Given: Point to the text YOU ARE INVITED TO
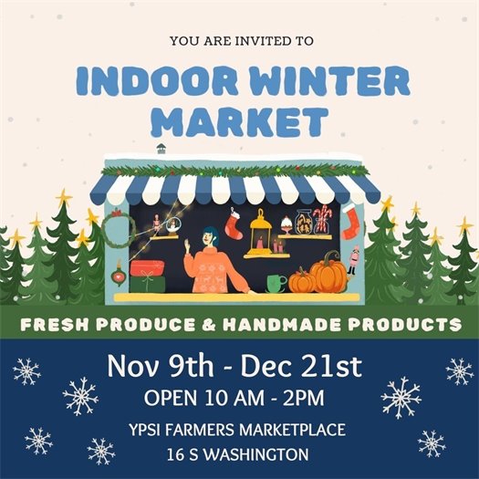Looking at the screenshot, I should tap(241, 40).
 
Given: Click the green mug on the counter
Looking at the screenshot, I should tap(274, 283).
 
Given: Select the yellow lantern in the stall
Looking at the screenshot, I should tap(263, 234).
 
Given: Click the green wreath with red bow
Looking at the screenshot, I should tap(118, 229).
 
